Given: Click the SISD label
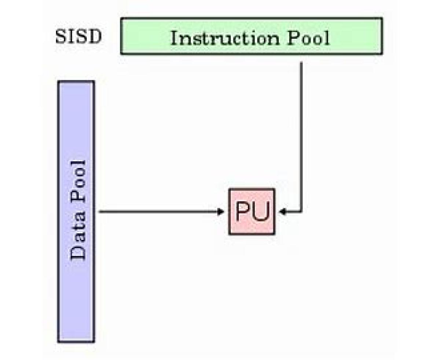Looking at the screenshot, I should pyautogui.click(x=78, y=37).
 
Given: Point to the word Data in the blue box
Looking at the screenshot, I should pyautogui.click(x=78, y=238).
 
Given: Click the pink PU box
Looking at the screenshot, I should pyautogui.click(x=252, y=211).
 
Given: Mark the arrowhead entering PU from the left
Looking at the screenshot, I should pyautogui.click(x=221, y=211).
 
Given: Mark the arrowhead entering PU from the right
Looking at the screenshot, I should pyautogui.click(x=282, y=211).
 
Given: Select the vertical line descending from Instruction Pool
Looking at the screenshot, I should pyautogui.click(x=301, y=136).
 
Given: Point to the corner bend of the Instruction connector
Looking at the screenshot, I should pyautogui.click(x=301, y=211).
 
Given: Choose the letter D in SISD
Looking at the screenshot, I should pyautogui.click(x=95, y=37).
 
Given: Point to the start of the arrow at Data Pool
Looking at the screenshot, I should pyautogui.click(x=100, y=211).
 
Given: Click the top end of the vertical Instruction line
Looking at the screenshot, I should pyautogui.click(x=301, y=63).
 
